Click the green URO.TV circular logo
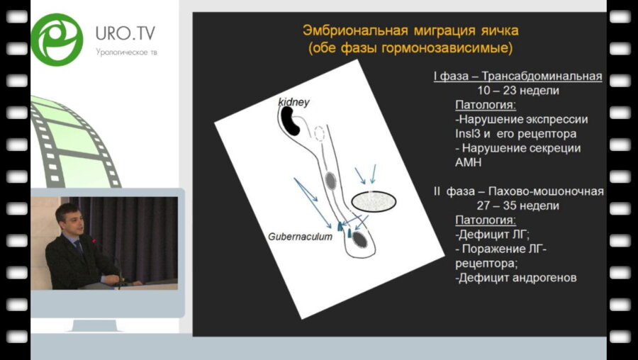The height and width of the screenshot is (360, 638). click(x=57, y=39)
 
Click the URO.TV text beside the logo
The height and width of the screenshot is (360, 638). click(x=125, y=33)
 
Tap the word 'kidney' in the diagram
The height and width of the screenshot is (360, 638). click(x=293, y=103)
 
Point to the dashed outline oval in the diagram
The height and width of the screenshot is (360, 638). click(x=319, y=133)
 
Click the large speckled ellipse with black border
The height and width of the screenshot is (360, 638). click(x=374, y=201)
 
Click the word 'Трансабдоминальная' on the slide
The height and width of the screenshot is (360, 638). click(x=545, y=77)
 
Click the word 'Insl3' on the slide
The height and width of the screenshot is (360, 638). click(x=469, y=133)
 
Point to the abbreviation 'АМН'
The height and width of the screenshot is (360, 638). click(x=469, y=162)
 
